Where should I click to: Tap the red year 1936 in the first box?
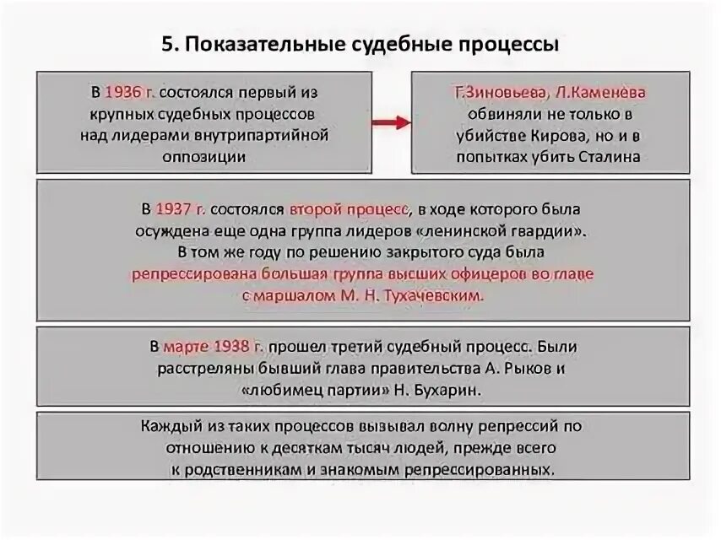pyautogui.click(x=121, y=91)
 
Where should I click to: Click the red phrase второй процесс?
pyautogui.click(x=350, y=208)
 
